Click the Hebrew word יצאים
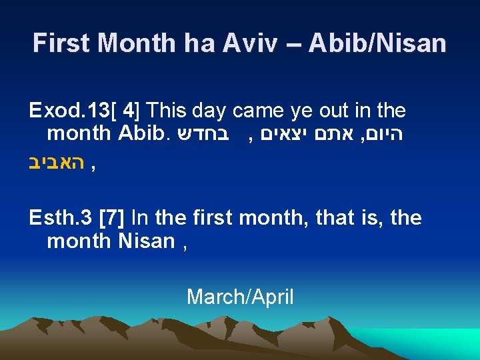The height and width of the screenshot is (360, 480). click(281, 133)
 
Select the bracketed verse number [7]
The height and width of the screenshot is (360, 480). click(113, 217)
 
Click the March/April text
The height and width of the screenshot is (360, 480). click(240, 296)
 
